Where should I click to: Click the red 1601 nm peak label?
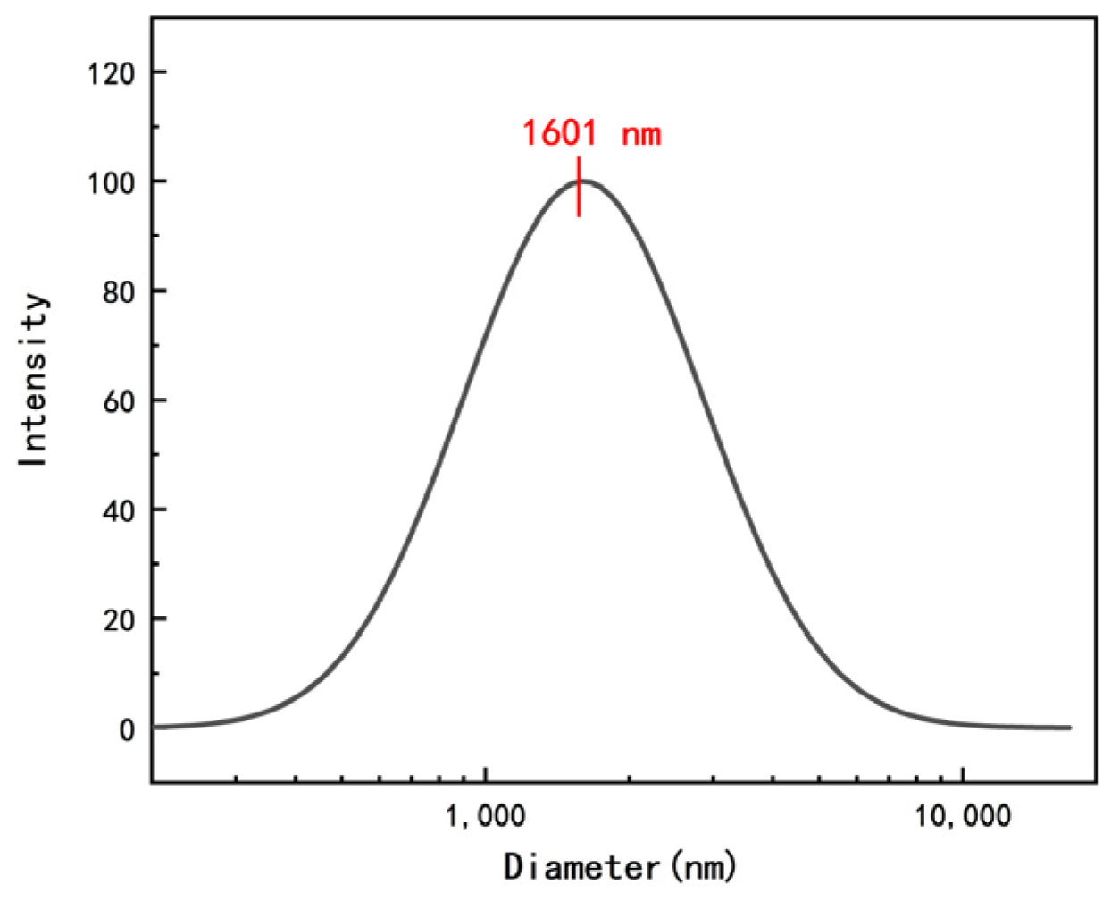[x=591, y=134]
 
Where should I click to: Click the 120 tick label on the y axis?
[x=112, y=72]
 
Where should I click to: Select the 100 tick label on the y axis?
[x=112, y=182]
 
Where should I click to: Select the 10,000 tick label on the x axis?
[x=963, y=816]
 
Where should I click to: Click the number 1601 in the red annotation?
[x=559, y=134]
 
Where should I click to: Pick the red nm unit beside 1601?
[x=641, y=136]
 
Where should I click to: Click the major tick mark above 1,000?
[x=485, y=774]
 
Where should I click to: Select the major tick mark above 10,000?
[x=963, y=774]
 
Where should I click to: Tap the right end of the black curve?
[x=1069, y=728]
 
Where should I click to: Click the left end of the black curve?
[x=155, y=727]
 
